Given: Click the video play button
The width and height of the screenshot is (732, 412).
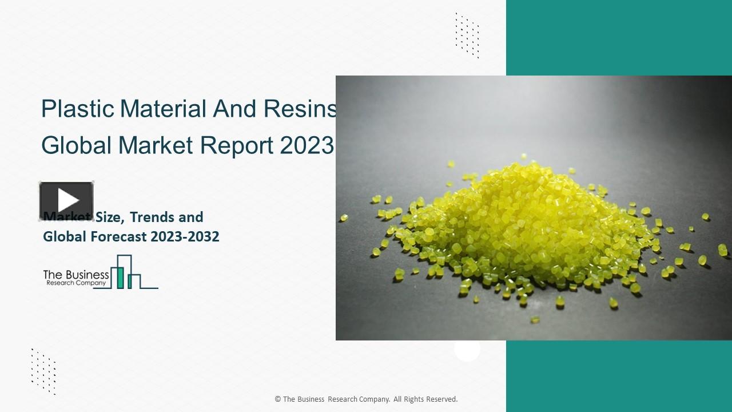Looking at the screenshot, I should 66,200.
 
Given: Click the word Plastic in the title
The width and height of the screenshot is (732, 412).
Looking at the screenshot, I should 78,109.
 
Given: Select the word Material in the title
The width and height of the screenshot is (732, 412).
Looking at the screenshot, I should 164,109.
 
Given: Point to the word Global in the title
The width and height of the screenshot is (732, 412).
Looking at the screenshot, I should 77,146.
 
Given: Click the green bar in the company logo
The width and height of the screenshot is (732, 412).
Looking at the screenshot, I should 121,277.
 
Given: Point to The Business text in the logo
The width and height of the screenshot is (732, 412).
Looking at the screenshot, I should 76,275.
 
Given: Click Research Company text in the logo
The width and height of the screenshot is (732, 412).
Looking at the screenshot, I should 76,283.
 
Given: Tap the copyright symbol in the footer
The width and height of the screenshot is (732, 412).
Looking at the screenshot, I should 278,399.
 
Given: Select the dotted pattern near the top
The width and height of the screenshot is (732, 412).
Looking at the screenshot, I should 467,35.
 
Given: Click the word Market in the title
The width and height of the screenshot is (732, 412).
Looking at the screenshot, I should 156,146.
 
